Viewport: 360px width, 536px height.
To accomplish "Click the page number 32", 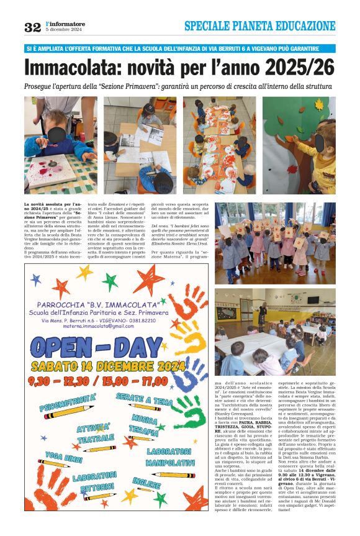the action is point(32,27).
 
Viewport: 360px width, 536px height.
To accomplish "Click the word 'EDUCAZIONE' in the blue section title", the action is point(302,26).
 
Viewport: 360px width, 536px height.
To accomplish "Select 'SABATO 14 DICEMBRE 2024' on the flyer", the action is point(99,366).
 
